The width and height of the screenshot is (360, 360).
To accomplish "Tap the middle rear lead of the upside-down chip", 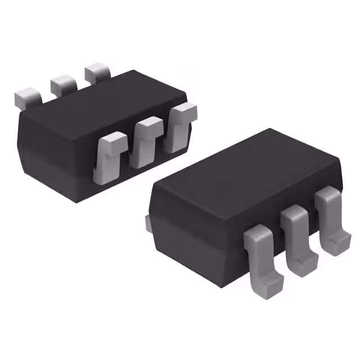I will coord(63,84).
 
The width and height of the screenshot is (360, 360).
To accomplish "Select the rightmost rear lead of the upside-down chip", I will coord(97,74).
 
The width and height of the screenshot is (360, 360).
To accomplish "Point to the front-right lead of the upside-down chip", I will coord(179,127).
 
